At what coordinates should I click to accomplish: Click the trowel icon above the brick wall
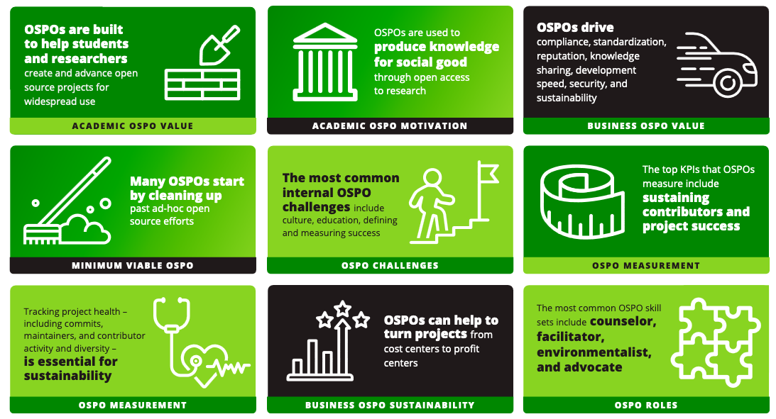coord(214,44)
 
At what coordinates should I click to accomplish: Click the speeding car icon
coord(717,64)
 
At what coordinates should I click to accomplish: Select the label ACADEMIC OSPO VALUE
coord(132,126)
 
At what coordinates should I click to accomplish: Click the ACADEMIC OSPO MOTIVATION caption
coord(390,126)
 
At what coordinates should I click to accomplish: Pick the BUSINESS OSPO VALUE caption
coord(646,126)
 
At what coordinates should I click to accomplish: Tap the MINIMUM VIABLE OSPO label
coord(132,266)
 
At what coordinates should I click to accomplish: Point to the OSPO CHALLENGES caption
coord(390,266)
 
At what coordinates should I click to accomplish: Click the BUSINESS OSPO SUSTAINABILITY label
coord(390,406)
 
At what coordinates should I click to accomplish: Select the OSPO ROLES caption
coord(646,406)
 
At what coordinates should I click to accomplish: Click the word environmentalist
coord(594,352)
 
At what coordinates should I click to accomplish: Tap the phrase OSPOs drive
coord(575,28)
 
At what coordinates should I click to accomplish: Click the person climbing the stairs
coord(435,202)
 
